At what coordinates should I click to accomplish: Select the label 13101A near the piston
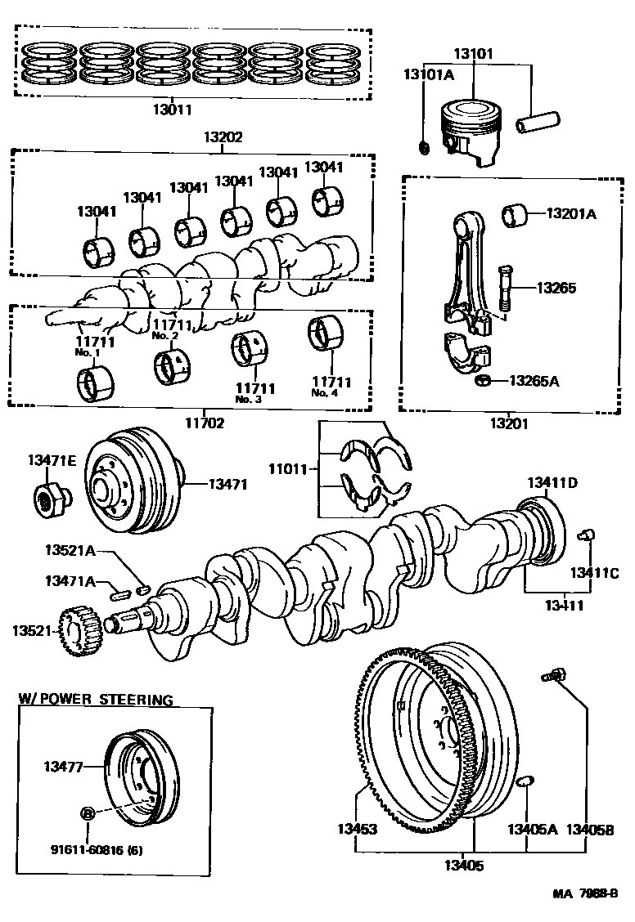[428, 74]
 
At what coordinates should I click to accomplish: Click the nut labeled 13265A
[483, 380]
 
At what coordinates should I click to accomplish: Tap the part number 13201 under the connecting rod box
[509, 423]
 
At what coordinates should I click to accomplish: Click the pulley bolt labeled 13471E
[50, 496]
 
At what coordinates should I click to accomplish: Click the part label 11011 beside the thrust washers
[289, 469]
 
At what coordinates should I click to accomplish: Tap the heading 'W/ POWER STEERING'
[96, 700]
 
